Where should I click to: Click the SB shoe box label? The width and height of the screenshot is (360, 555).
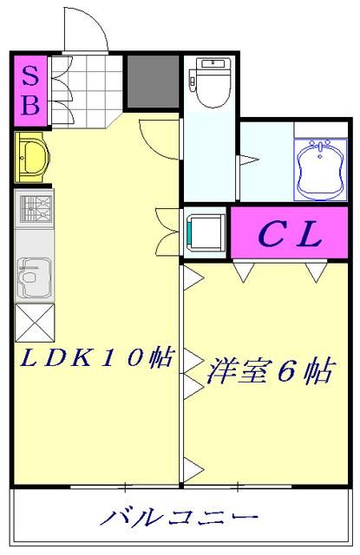click(x=29, y=90)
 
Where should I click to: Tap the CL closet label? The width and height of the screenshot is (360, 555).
click(x=290, y=232)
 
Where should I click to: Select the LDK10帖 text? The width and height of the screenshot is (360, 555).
click(x=95, y=358)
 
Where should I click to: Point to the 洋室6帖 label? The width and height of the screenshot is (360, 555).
click(x=269, y=372)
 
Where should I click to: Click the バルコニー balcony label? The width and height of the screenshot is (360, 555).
click(x=180, y=518)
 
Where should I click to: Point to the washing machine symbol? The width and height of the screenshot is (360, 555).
click(x=206, y=231)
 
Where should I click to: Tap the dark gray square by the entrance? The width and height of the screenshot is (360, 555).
click(x=153, y=82)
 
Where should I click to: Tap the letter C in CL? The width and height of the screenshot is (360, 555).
click(x=269, y=232)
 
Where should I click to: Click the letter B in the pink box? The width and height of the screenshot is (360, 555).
click(x=29, y=106)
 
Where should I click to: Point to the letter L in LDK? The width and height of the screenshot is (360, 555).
click(x=29, y=358)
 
